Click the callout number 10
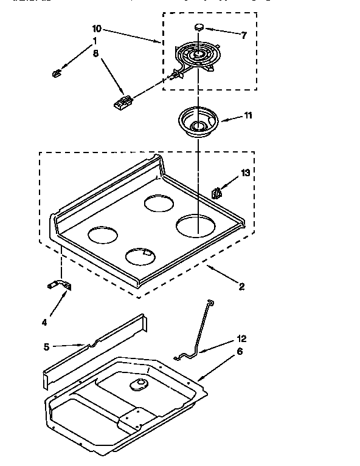click(x=97, y=29)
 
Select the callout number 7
click(x=244, y=35)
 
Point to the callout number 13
click(x=245, y=173)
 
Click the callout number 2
click(x=241, y=287)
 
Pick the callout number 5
click(x=46, y=347)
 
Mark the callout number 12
click(x=242, y=338)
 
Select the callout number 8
click(x=95, y=53)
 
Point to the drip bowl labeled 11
click(x=198, y=123)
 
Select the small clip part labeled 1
click(x=57, y=74)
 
